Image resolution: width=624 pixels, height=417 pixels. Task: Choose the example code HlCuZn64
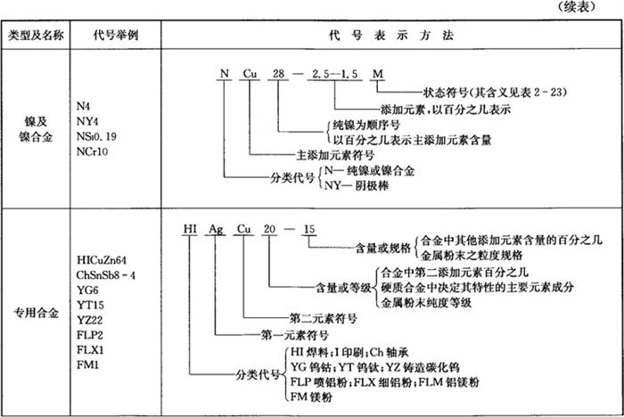click(x=108, y=258)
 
